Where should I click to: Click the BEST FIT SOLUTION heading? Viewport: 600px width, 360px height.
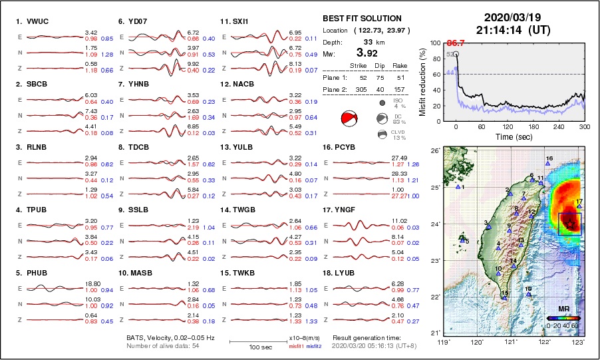coord(362,19)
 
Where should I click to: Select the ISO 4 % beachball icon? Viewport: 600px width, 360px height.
coord(382,103)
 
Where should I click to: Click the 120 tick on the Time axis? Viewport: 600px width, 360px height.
coord(508,126)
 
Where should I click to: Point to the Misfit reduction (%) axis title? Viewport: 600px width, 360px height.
coord(422,82)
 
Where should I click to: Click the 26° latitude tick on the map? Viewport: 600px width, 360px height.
coord(434,151)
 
